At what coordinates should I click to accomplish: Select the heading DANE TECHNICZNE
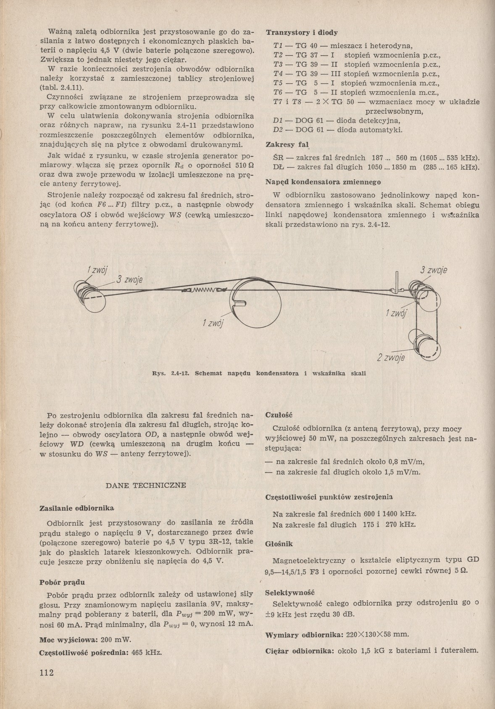point(145,485)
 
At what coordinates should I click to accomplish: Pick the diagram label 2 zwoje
point(391,358)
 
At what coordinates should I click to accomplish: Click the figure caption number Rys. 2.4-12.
point(173,373)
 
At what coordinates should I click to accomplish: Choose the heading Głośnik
point(279,543)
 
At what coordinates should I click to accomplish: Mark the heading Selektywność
point(290,593)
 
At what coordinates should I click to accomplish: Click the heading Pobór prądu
point(62,582)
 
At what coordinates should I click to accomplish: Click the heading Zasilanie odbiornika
point(76,508)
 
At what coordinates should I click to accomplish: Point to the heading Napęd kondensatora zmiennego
point(324,182)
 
